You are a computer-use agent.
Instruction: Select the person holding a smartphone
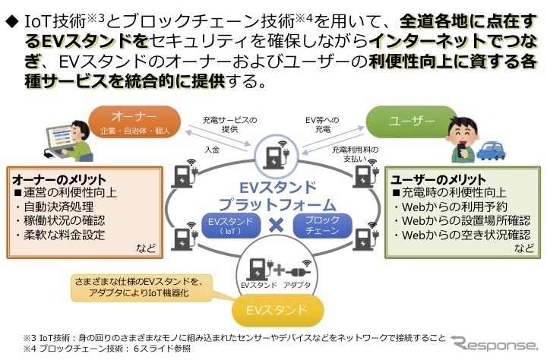pos(465,137)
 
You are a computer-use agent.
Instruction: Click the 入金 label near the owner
pos(211,150)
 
